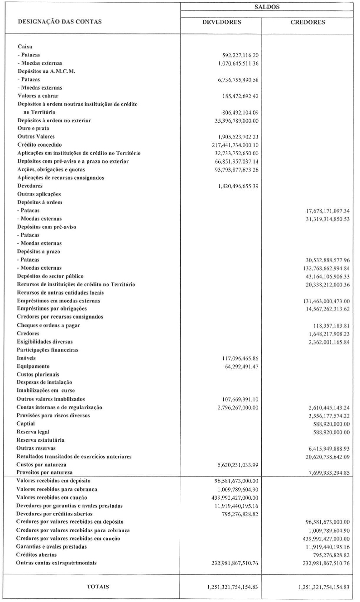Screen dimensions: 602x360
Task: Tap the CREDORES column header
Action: pos(307,22)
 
